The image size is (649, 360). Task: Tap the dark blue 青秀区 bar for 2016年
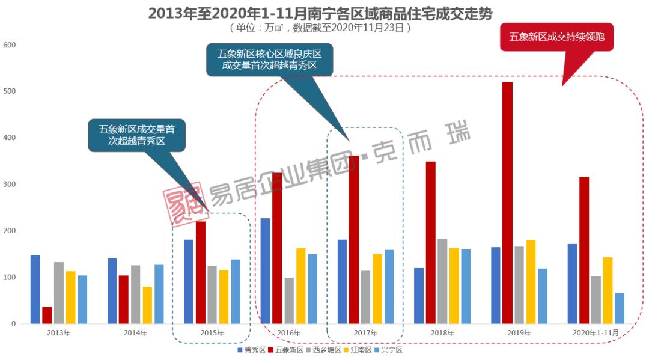[265, 270]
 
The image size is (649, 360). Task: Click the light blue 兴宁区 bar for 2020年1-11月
[620, 308]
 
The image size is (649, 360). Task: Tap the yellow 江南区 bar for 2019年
[531, 282]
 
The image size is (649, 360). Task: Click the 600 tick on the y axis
[10, 45]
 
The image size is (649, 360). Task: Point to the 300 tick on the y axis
[10, 185]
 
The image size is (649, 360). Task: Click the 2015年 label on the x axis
[212, 332]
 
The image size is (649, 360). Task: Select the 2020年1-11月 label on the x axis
[596, 332]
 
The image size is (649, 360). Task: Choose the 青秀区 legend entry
[252, 350]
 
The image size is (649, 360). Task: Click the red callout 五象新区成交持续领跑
[556, 37]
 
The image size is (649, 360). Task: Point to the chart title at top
[324, 13]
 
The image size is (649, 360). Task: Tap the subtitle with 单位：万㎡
[324, 27]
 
